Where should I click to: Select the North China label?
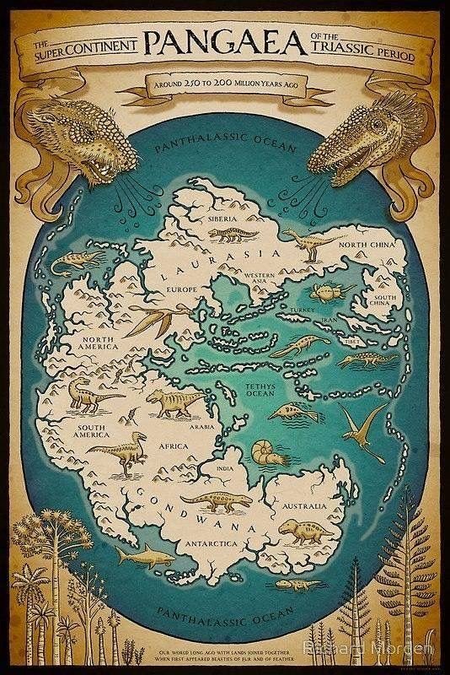[367, 244]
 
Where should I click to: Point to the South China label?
[385, 302]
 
